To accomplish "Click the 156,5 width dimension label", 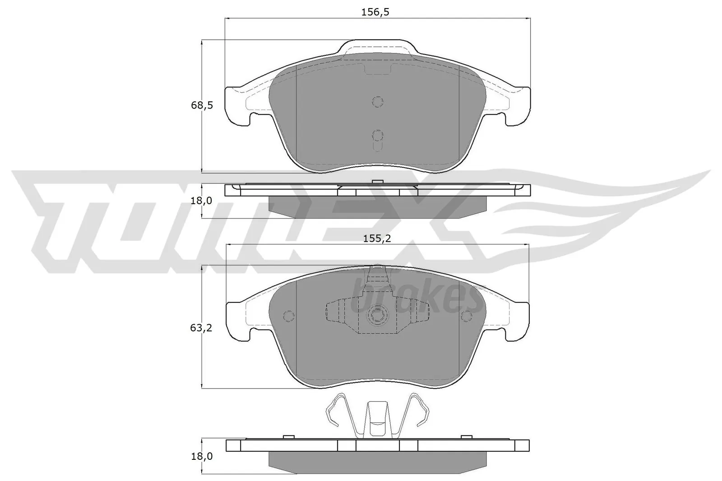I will [375, 12].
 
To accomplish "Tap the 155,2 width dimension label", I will [376, 239].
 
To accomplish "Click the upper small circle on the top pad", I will [377, 102].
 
